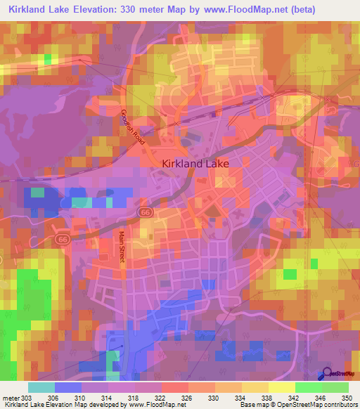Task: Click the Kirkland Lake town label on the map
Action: click(x=195, y=163)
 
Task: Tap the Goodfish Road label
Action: click(x=132, y=127)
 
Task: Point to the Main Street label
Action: click(x=121, y=248)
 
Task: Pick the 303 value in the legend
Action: click(x=27, y=397)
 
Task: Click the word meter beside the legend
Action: click(x=10, y=397)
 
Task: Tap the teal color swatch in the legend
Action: click(x=41, y=387)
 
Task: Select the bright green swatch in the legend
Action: click(x=308, y=387)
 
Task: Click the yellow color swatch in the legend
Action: click(x=281, y=387)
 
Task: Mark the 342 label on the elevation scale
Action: click(x=295, y=397)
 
